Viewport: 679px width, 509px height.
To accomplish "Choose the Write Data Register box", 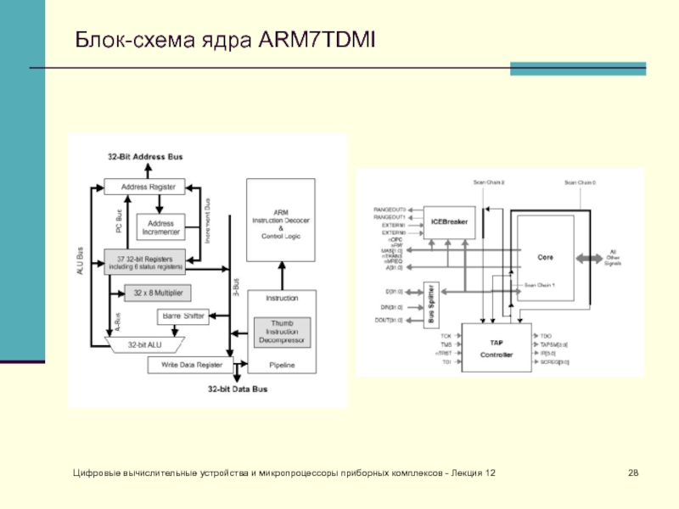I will click(187, 365).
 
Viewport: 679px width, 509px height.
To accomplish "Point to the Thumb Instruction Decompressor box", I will click(282, 332).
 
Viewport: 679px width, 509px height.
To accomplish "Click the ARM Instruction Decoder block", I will click(281, 220).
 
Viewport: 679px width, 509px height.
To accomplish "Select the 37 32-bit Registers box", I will click(145, 261).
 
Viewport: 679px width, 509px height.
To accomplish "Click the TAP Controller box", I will click(497, 346).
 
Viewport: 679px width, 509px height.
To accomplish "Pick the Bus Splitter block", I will click(432, 305).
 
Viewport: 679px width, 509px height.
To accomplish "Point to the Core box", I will click(545, 255).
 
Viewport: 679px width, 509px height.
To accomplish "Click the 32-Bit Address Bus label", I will click(145, 158).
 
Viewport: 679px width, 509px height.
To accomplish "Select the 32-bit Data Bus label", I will click(238, 389).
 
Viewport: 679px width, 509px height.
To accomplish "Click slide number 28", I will click(632, 471).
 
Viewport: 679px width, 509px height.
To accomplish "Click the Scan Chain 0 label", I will click(581, 182).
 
